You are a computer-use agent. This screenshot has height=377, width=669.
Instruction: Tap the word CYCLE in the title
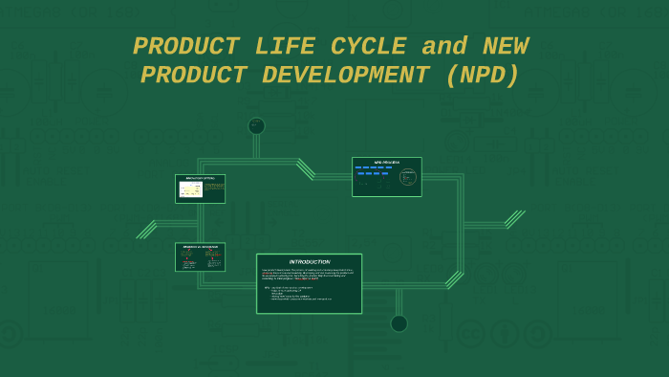point(363,47)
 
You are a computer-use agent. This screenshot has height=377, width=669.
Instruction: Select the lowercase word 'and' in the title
point(444,47)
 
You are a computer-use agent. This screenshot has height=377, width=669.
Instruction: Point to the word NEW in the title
point(505,47)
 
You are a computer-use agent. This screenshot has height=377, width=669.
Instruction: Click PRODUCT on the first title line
point(186,47)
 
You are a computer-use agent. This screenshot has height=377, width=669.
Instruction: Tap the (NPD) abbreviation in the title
point(483,76)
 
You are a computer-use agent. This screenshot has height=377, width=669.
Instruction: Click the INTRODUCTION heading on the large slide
point(310,261)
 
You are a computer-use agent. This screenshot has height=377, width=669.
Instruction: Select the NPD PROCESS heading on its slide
point(386,162)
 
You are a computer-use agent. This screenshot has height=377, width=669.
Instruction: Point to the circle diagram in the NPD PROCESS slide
point(408,177)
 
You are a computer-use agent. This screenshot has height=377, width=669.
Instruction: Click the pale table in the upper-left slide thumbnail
point(190,189)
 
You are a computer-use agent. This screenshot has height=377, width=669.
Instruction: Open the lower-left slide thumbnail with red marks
point(200,257)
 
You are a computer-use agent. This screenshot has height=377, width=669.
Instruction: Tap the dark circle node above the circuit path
point(256,125)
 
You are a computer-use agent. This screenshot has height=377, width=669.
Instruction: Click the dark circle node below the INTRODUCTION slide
point(399,323)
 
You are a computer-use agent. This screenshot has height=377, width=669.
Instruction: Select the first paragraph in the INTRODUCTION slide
point(309,275)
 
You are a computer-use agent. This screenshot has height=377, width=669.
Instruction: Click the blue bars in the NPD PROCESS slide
point(374,170)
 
